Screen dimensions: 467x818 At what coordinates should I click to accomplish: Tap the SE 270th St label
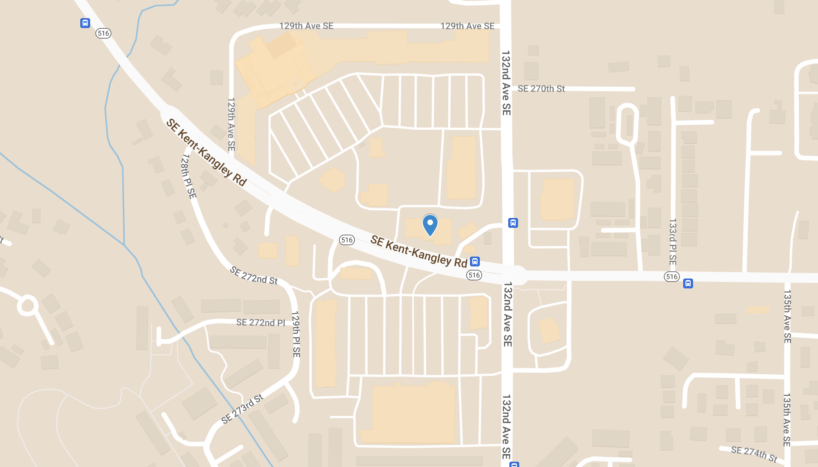click(541, 89)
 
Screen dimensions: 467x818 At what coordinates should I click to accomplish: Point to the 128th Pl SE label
click(189, 176)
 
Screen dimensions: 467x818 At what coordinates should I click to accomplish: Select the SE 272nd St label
click(254, 276)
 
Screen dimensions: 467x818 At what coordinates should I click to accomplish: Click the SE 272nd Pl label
click(261, 322)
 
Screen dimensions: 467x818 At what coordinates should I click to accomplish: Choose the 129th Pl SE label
click(296, 334)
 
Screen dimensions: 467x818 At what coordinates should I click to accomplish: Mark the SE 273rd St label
click(242, 409)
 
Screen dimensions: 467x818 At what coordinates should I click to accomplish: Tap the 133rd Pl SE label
click(673, 242)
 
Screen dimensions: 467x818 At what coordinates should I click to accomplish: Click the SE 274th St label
click(754, 454)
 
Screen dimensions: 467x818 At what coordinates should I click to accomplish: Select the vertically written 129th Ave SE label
click(231, 125)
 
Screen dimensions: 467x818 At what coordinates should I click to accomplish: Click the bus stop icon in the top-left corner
click(85, 23)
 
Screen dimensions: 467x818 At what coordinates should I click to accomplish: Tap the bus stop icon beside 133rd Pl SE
click(688, 283)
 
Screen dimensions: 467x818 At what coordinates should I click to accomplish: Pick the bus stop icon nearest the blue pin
click(513, 223)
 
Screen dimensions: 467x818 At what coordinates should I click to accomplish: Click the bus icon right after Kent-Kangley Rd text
click(475, 261)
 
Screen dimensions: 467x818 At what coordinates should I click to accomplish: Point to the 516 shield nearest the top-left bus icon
click(103, 33)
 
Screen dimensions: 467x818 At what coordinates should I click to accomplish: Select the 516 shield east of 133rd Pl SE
click(672, 277)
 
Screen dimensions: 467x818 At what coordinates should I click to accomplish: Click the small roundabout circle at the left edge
click(28, 305)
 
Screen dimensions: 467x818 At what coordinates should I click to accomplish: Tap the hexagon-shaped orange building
click(333, 180)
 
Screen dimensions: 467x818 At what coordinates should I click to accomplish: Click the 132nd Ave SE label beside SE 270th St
click(506, 83)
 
